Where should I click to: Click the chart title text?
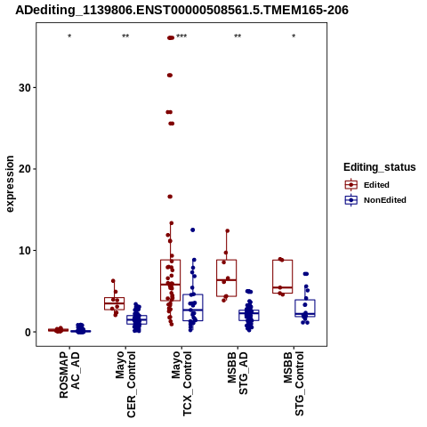181,10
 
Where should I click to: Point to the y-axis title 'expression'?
10,184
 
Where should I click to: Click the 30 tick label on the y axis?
25,87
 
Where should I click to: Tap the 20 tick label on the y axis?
25,169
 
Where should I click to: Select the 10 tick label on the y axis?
25,250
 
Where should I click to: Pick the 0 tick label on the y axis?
28,332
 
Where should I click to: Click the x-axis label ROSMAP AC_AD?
69,375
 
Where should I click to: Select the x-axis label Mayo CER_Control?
125,384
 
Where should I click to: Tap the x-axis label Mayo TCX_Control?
181,383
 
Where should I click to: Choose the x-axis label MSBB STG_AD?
238,374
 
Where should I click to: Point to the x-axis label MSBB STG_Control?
294,383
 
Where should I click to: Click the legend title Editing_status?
380,167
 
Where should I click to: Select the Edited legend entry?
367,185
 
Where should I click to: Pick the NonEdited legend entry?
375,200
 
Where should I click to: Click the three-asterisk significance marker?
181,36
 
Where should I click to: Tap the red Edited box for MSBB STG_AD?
227,278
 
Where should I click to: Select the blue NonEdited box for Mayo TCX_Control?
193,308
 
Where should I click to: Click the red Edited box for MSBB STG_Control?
283,277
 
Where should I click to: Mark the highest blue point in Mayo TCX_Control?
193,230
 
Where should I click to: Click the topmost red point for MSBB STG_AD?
228,230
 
